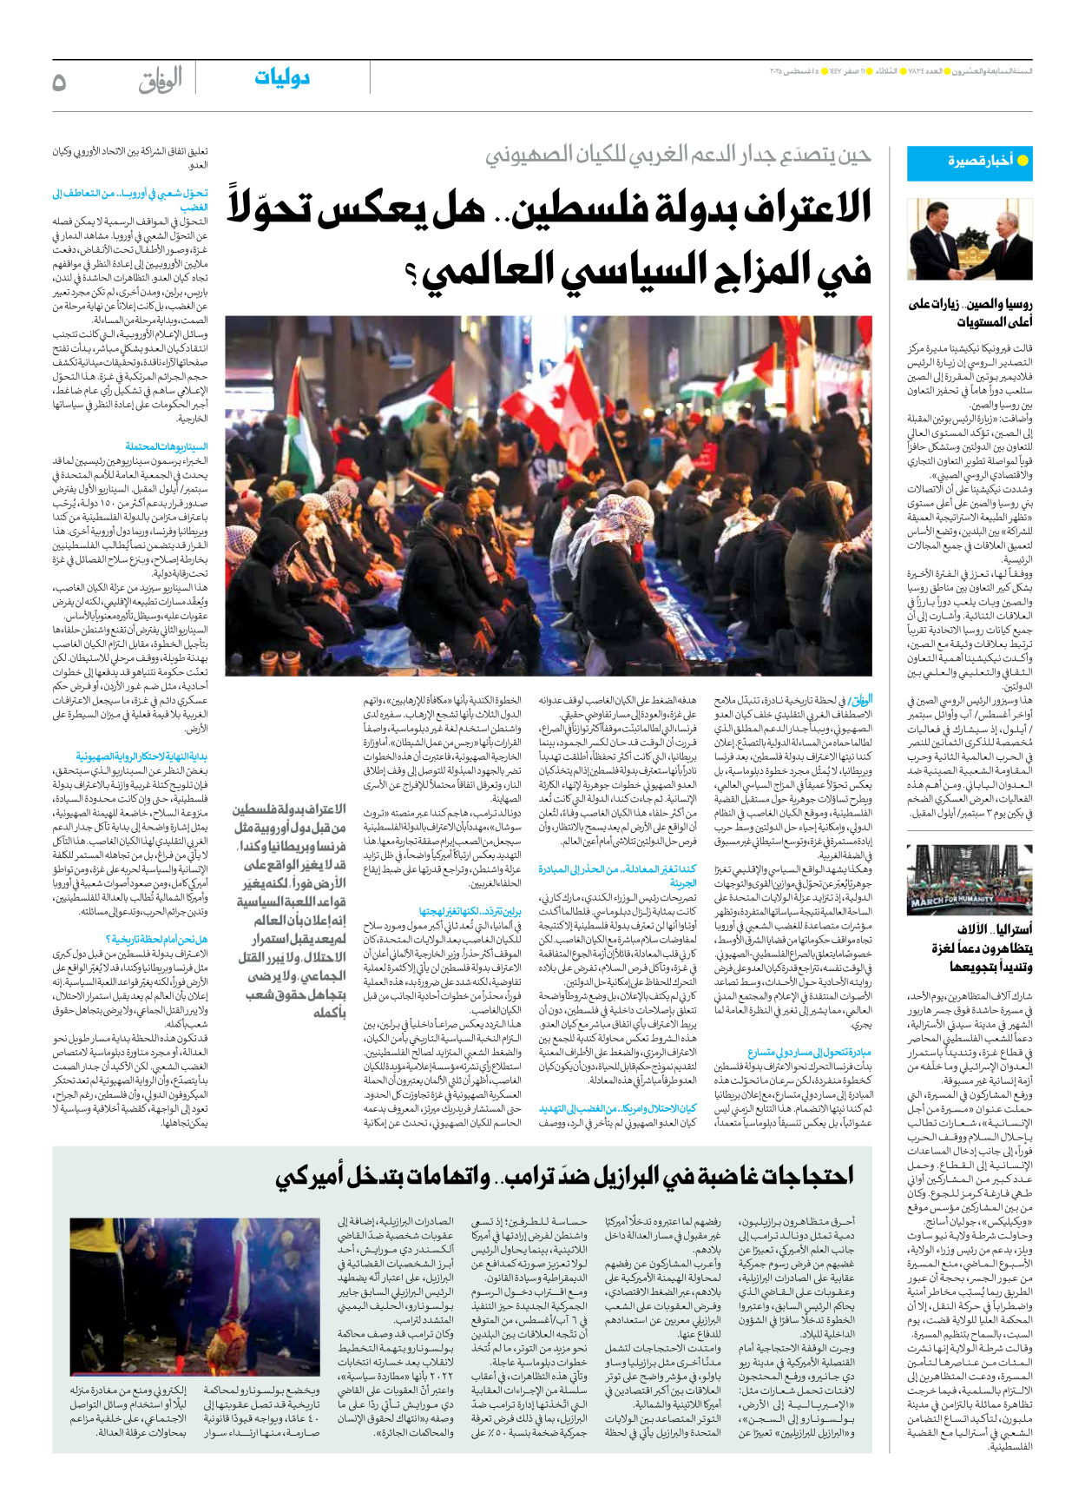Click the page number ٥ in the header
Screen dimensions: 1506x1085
tap(59, 82)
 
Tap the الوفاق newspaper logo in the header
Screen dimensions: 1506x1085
tap(161, 80)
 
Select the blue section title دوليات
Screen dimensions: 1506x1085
tap(282, 78)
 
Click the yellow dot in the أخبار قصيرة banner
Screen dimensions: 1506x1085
tap(1023, 161)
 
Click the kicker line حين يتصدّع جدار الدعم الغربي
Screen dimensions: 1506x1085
tap(677, 155)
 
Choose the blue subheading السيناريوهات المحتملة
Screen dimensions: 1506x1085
tap(167, 446)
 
